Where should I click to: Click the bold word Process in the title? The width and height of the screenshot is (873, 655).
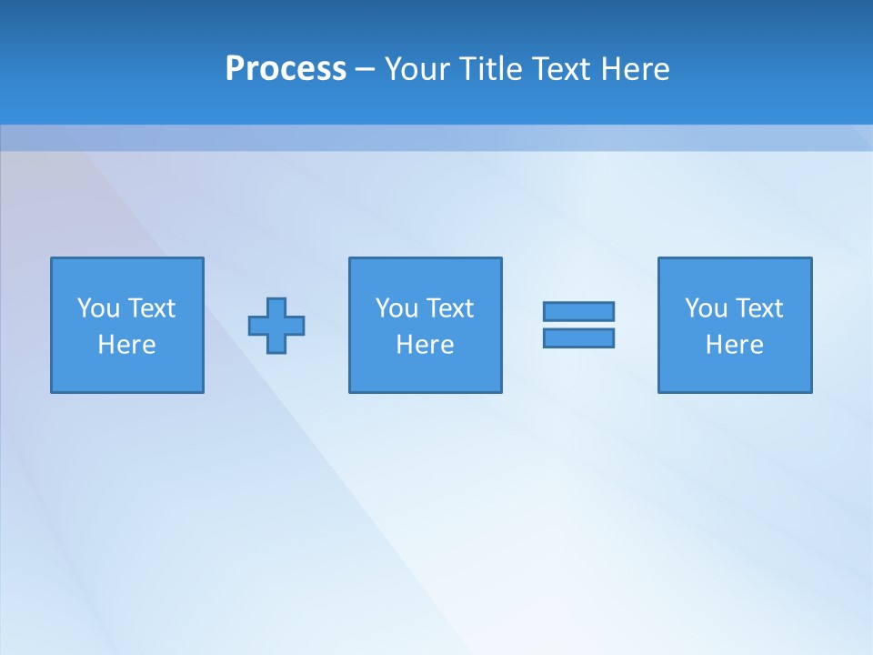286,69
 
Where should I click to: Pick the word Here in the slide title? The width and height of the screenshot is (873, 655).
636,69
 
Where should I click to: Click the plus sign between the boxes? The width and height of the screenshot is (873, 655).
276,325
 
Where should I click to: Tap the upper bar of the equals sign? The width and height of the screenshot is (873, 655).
578,311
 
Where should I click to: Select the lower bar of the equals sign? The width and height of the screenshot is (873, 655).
578,338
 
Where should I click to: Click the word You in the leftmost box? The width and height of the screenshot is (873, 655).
98,308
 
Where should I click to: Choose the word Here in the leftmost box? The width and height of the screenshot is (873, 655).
126,345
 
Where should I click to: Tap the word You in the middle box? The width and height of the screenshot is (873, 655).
396,308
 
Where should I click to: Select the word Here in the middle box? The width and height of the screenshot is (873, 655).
425,345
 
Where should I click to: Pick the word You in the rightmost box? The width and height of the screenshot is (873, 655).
706,308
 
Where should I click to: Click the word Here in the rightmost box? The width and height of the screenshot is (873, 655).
734,345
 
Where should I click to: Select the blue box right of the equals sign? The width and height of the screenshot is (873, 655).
735,373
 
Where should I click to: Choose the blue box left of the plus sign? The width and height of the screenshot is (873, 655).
127,373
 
